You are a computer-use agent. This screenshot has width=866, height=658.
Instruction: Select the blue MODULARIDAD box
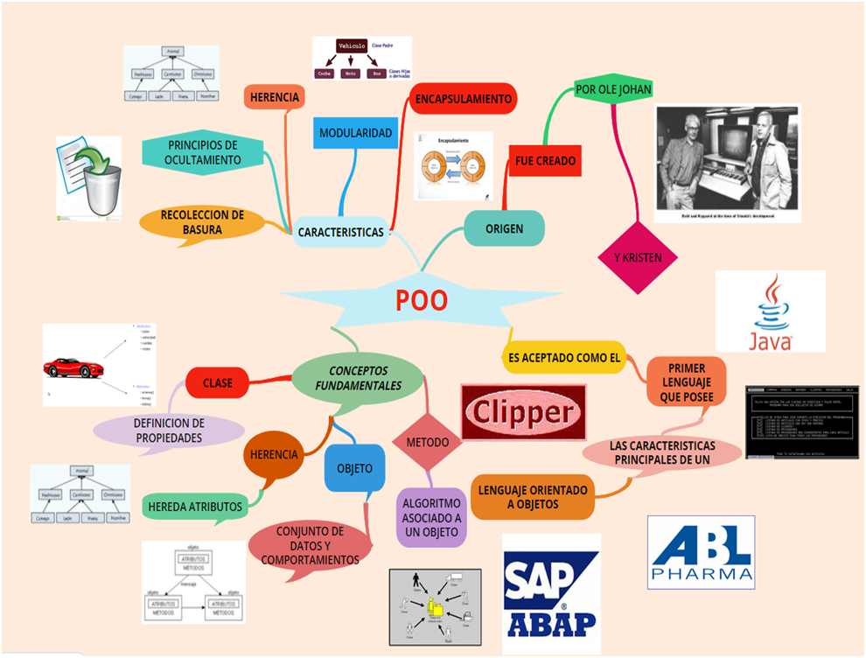355,133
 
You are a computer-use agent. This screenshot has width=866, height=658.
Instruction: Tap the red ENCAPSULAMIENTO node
463,99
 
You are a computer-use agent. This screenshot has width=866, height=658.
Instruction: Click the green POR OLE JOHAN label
613,89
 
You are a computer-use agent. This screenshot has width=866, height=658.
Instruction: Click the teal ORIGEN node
504,228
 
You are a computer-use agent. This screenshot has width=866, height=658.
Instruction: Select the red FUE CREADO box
545,161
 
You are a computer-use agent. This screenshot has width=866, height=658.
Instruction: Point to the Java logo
770,311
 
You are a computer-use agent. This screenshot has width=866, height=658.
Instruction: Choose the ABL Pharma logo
701,551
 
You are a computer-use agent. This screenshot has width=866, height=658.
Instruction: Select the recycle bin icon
89,178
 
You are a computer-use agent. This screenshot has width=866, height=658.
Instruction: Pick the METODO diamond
427,443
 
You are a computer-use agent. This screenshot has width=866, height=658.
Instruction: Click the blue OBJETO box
354,468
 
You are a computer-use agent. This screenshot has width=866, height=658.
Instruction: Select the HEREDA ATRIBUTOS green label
195,506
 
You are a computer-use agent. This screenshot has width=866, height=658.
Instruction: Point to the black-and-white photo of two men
727,164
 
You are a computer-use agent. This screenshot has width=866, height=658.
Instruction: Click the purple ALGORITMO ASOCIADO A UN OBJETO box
432,517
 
